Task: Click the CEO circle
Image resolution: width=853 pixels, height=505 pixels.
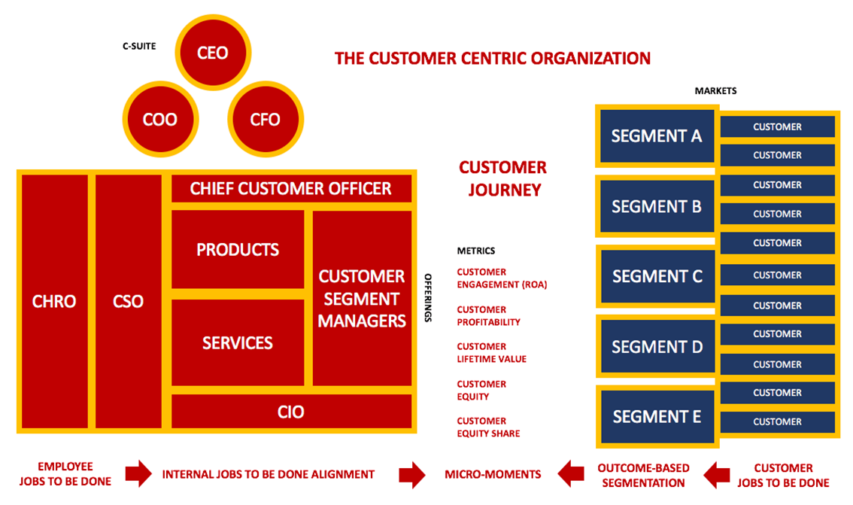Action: (212, 53)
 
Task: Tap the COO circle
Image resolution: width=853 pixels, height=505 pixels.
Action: (159, 119)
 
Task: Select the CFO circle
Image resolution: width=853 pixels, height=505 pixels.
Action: (265, 119)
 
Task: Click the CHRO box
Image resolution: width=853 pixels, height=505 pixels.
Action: (54, 301)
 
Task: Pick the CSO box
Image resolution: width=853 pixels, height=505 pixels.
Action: (128, 301)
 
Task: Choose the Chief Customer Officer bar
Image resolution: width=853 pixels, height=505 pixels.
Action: (291, 188)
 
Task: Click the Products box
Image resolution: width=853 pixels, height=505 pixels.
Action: (238, 249)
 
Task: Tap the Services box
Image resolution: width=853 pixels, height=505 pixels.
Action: (238, 342)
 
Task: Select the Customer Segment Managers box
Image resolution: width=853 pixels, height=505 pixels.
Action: (362, 298)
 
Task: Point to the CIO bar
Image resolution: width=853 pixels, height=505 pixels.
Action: (291, 412)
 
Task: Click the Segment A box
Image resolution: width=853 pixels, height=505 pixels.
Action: (656, 136)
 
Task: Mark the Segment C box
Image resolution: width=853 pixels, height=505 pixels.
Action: (657, 276)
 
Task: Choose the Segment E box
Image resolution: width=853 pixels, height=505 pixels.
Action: (657, 416)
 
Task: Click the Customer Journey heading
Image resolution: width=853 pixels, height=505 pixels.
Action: (503, 178)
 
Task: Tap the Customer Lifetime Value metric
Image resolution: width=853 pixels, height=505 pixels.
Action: (492, 353)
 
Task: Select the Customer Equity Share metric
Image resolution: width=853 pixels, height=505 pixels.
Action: (488, 427)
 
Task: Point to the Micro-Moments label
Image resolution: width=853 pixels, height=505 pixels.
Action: (493, 474)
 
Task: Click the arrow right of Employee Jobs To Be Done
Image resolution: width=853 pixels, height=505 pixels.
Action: (138, 474)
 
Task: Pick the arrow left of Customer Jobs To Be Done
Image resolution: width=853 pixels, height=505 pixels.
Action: (717, 474)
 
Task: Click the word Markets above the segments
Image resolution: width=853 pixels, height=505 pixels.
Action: (715, 91)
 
